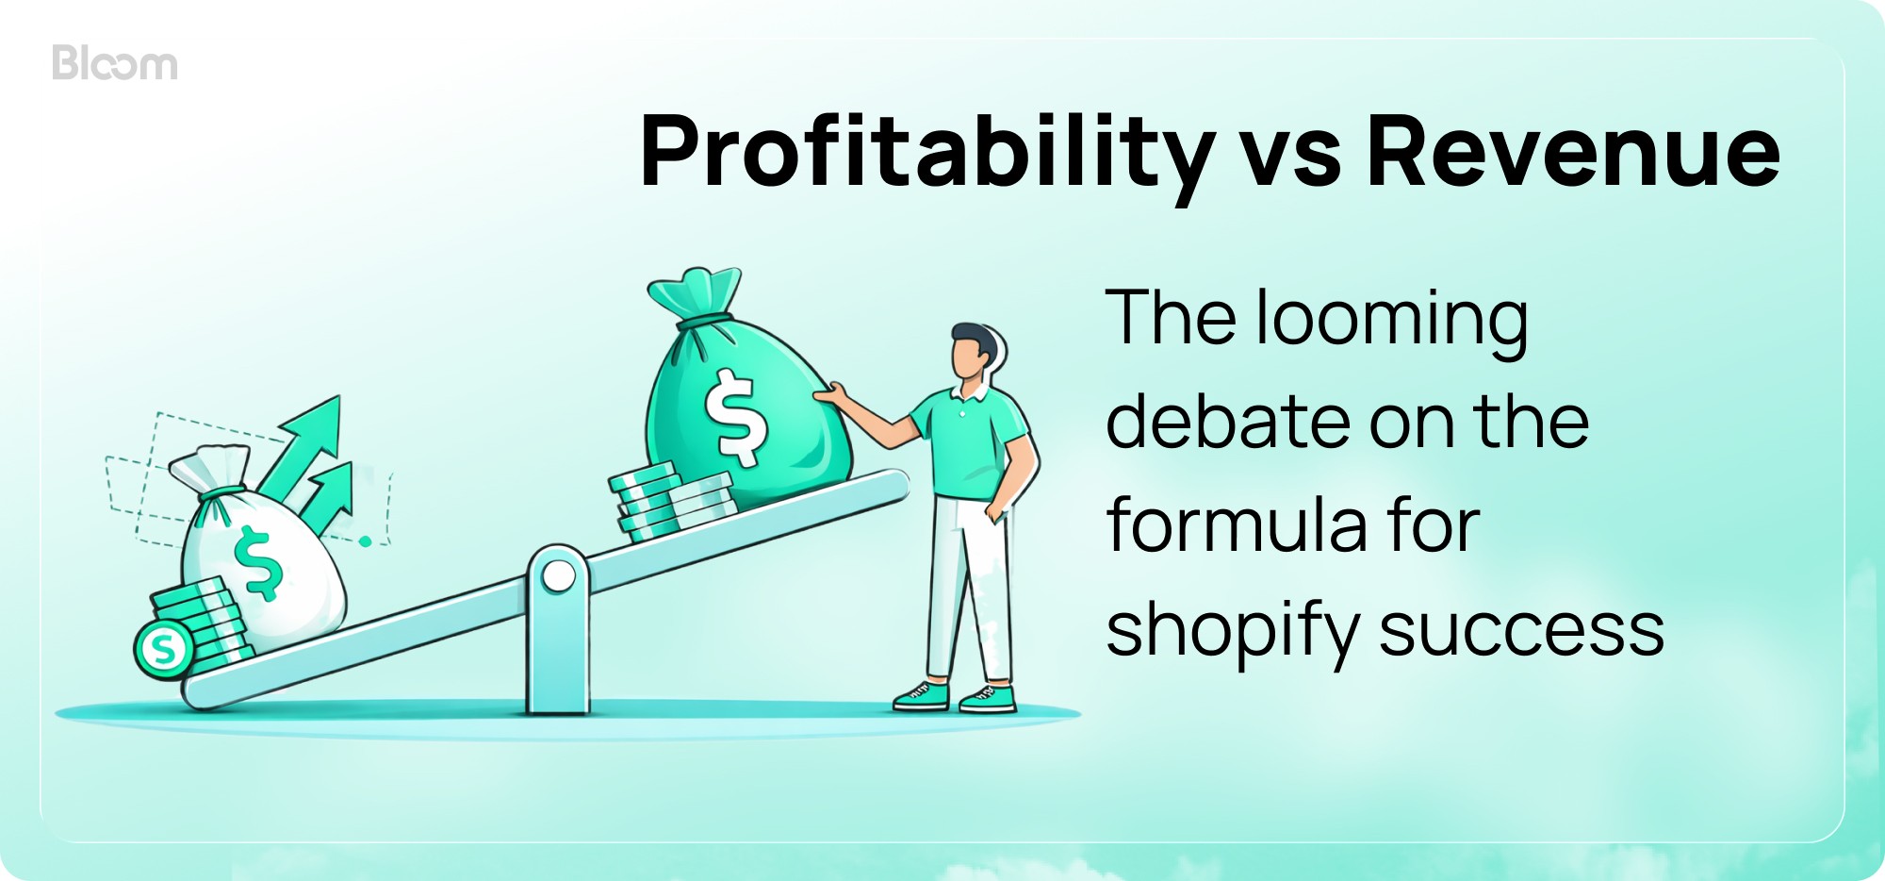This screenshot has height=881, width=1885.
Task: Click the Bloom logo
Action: click(x=115, y=63)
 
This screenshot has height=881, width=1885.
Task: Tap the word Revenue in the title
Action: click(x=1573, y=151)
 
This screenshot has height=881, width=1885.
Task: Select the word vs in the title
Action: click(x=1290, y=156)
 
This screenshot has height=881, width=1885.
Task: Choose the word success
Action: click(x=1521, y=630)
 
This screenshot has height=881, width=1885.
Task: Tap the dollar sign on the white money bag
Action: click(x=257, y=562)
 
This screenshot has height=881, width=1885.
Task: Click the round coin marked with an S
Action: click(x=164, y=649)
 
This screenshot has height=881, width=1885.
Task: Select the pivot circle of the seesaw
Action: click(x=558, y=575)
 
